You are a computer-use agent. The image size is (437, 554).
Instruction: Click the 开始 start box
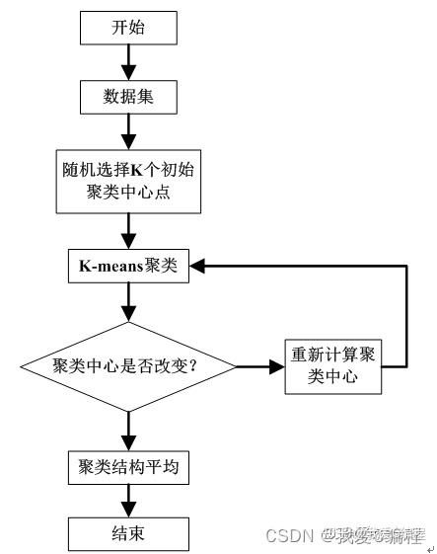tap(127, 28)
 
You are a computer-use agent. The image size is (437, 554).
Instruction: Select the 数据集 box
tap(127, 97)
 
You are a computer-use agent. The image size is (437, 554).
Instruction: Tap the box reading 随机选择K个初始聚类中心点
tap(127, 180)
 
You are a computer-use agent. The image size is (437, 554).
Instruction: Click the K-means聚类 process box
tap(127, 267)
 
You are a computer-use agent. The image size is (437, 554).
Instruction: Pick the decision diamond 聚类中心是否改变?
tap(129, 366)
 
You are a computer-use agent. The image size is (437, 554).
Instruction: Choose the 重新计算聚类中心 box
tap(336, 366)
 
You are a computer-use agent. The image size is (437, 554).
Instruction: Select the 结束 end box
tap(127, 534)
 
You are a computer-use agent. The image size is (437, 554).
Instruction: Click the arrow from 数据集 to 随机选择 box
tap(127, 131)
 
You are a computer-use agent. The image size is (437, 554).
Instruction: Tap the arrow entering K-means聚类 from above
tap(127, 232)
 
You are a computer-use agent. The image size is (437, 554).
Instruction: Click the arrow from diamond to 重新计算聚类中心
tap(262, 366)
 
